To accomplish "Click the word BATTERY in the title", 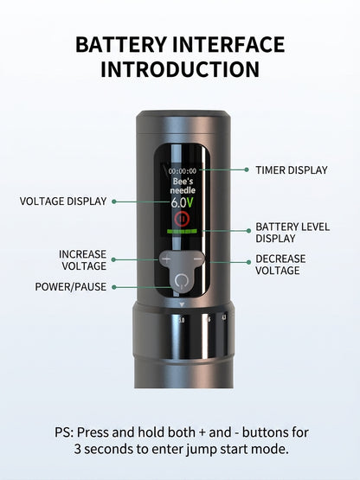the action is [121, 44].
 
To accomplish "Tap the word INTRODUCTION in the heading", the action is [180, 69].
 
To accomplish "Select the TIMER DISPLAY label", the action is [292, 170].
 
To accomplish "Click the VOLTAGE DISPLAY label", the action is [63, 202].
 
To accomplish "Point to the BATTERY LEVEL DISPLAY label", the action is [292, 233].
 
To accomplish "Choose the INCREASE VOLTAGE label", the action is [83, 260].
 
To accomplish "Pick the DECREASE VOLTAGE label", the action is [280, 265].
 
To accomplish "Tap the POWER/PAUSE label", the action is [71, 287].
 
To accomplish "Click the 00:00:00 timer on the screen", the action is [183, 171].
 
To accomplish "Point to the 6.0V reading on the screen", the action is [182, 202].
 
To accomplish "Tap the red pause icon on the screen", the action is [183, 219].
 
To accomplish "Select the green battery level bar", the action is [182, 231].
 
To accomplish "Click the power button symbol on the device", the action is [182, 281].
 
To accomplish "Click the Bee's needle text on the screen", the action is [183, 186].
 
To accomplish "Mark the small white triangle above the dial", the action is [182, 304].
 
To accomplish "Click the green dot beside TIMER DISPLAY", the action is [247, 170].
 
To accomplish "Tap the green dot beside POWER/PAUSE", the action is [114, 287].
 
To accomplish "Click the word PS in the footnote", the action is [64, 432].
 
